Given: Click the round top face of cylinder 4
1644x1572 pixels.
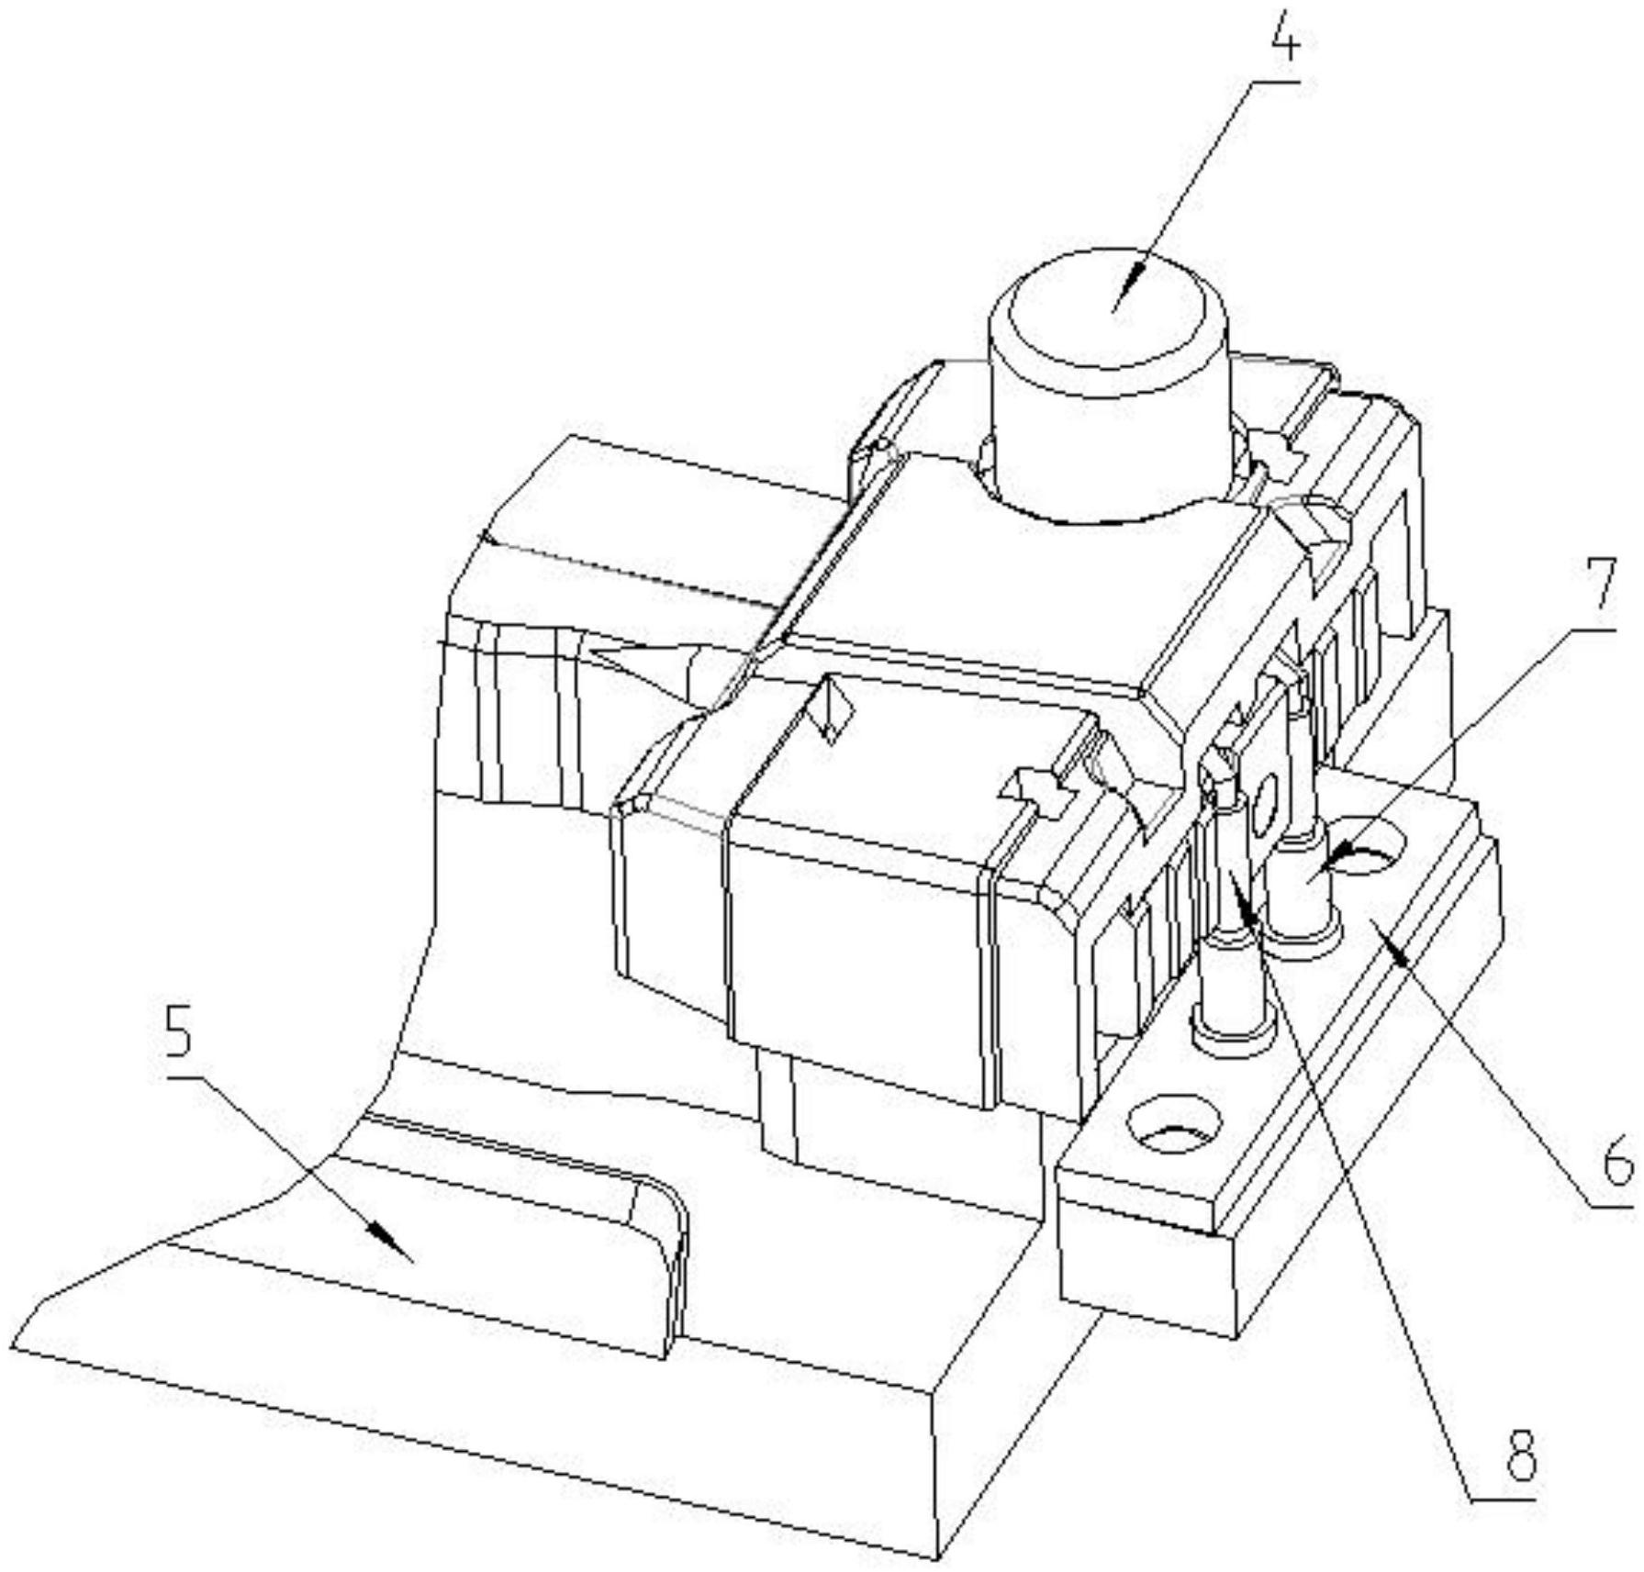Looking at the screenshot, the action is [x=1106, y=312].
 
